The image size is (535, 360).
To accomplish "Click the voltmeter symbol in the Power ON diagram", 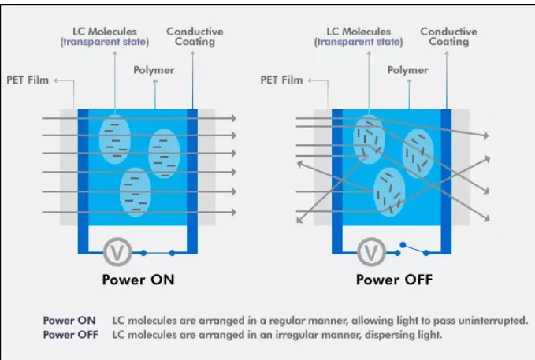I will pyautogui.click(x=117, y=253).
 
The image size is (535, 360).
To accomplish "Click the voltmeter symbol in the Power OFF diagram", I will pyautogui.click(x=370, y=253).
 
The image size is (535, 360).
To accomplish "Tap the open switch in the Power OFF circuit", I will pyautogui.click(x=412, y=249).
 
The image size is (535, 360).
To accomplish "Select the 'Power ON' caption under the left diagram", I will pyautogui.click(x=138, y=280).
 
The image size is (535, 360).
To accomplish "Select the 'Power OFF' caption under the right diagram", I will pyautogui.click(x=393, y=280).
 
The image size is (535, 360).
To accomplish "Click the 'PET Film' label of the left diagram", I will pyautogui.click(x=29, y=80).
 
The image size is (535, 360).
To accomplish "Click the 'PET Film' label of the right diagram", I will pyautogui.click(x=281, y=80).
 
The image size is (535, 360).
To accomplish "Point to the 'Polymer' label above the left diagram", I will pyautogui.click(x=154, y=70).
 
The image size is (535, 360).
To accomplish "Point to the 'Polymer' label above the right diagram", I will pyautogui.click(x=408, y=70).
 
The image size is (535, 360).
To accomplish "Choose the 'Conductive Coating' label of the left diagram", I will pyautogui.click(x=195, y=36).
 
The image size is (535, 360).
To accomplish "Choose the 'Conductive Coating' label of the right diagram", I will pyautogui.click(x=448, y=36).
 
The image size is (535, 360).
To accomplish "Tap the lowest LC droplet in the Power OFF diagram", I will pyautogui.click(x=388, y=191).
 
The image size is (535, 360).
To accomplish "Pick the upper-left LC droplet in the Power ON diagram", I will pyautogui.click(x=115, y=135).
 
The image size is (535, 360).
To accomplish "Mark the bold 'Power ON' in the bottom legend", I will pyautogui.click(x=69, y=321).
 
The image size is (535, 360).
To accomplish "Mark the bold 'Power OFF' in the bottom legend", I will pyautogui.click(x=70, y=334).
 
